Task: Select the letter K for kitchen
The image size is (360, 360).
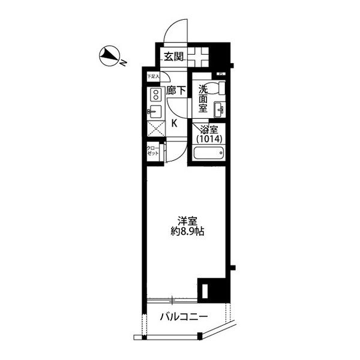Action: [175, 124]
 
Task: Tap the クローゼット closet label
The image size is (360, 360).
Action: [154, 151]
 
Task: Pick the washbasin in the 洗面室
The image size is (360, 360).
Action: [220, 108]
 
